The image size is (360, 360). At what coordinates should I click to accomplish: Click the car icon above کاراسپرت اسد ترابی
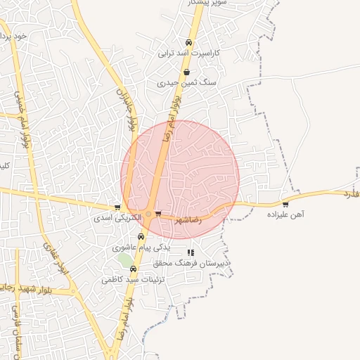pyautogui.click(x=188, y=43)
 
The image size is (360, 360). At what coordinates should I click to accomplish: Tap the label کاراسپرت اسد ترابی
pyautogui.click(x=188, y=53)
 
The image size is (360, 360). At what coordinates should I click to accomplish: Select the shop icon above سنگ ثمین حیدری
pyautogui.click(x=186, y=72)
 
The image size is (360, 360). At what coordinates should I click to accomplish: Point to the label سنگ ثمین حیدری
pyautogui.click(x=186, y=82)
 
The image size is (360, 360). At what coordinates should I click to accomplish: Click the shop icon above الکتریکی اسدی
pyautogui.click(x=117, y=207)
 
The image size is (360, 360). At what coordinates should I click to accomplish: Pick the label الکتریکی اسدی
pyautogui.click(x=117, y=218)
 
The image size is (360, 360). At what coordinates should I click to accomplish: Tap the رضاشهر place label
pyautogui.click(x=186, y=219)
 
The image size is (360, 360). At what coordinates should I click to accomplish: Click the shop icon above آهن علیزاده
pyautogui.click(x=285, y=205)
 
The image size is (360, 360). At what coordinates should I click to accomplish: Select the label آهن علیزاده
pyautogui.click(x=284, y=215)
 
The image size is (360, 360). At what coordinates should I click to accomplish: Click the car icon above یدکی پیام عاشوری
pyautogui.click(x=141, y=237)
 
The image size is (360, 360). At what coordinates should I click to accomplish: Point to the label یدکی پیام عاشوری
pyautogui.click(x=141, y=247)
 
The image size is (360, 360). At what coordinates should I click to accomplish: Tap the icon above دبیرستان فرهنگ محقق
pyautogui.click(x=190, y=252)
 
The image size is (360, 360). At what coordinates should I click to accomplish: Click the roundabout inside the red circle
pyautogui.click(x=148, y=214)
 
